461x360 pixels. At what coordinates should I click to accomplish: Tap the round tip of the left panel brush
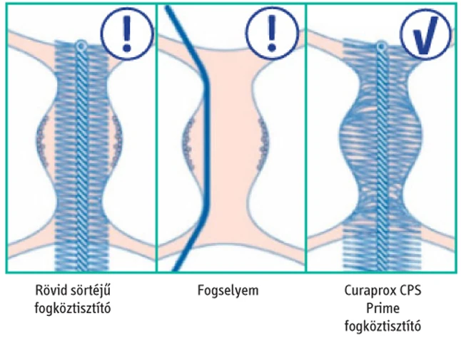(x=81, y=45)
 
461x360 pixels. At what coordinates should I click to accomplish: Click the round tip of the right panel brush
(x=382, y=45)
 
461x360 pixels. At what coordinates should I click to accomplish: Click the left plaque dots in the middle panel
(x=191, y=138)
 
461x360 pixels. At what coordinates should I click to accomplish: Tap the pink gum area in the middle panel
(x=232, y=143)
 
